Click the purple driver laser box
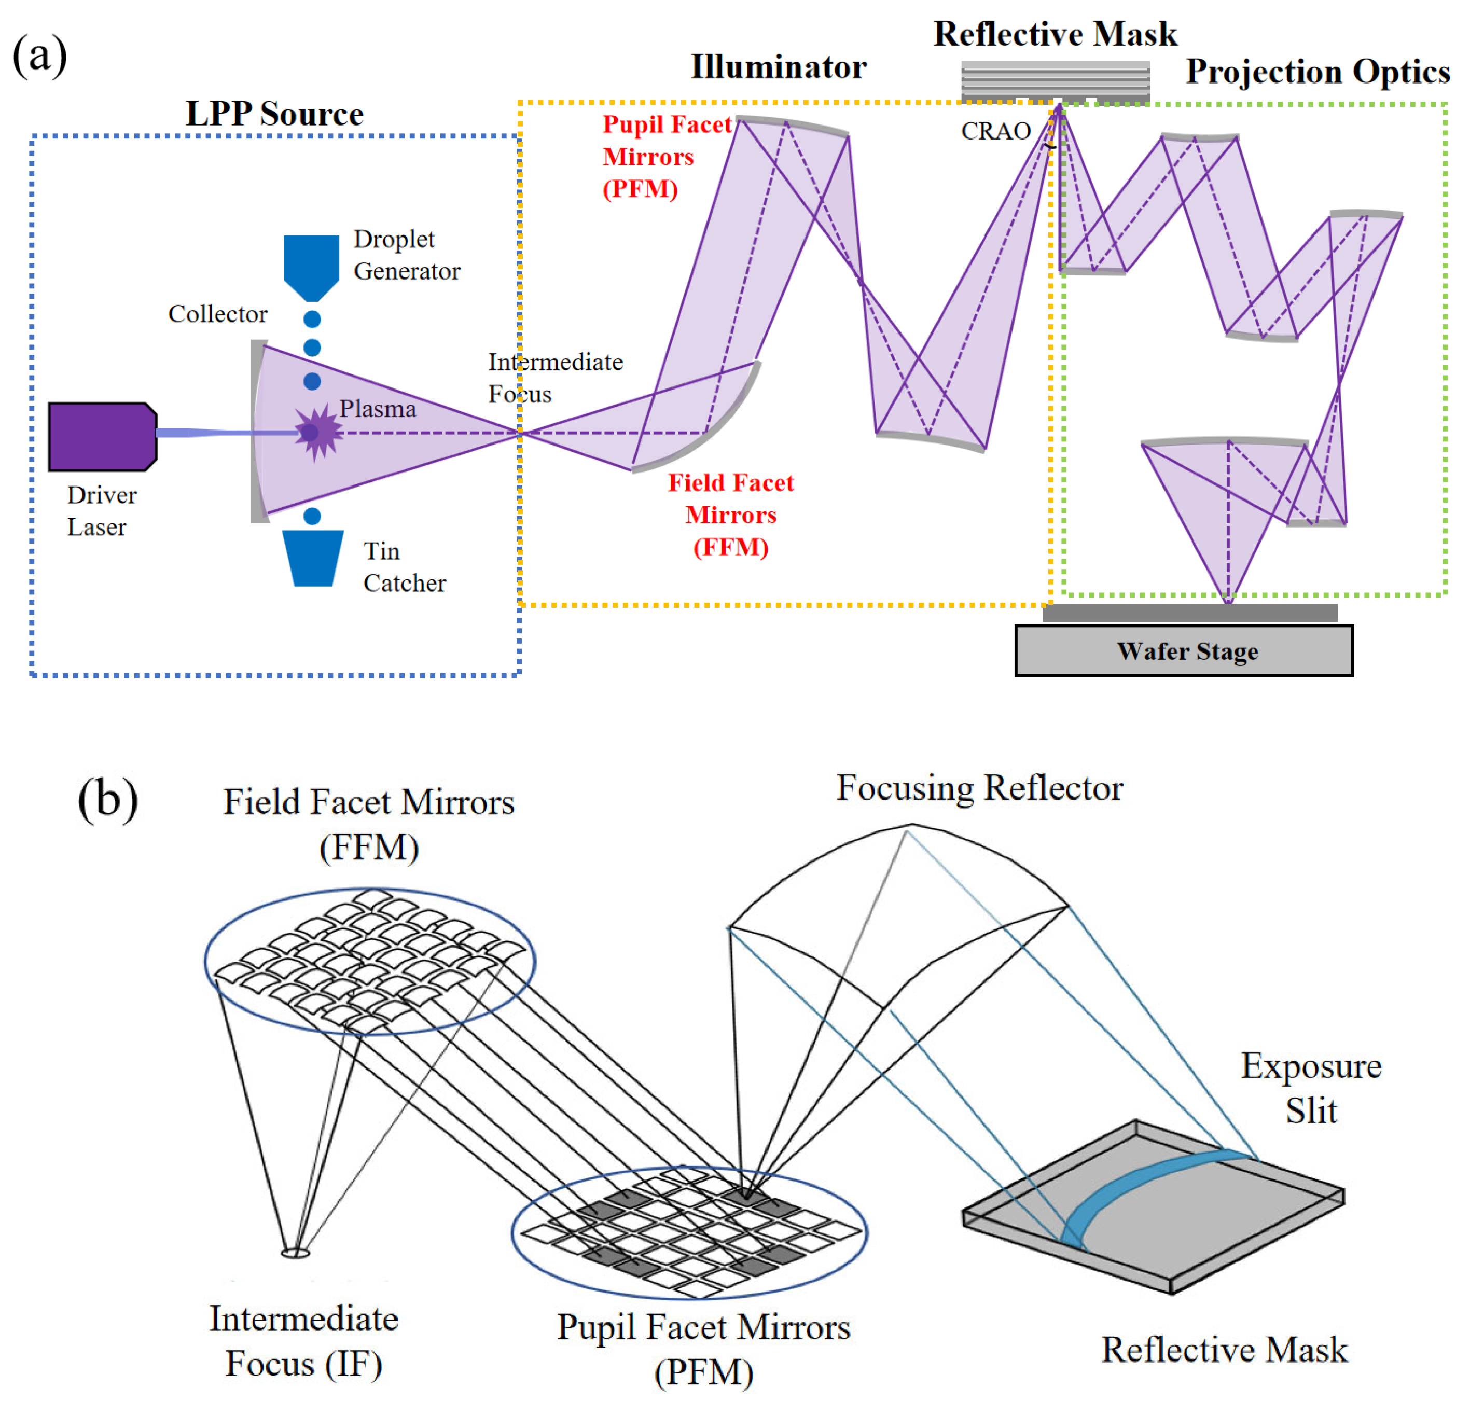click(x=101, y=436)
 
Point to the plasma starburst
click(x=317, y=432)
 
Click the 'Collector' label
click(x=217, y=314)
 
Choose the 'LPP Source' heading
click(x=274, y=114)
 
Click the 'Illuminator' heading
click(x=778, y=67)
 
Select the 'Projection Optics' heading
click(x=1318, y=72)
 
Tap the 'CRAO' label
click(x=995, y=132)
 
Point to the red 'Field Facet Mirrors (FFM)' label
click(x=730, y=515)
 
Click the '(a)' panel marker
click(x=40, y=56)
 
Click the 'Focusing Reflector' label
click(x=979, y=788)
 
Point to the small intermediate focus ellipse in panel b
click(x=295, y=1253)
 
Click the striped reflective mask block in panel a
click(x=1055, y=81)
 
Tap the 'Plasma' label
click(x=378, y=409)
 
